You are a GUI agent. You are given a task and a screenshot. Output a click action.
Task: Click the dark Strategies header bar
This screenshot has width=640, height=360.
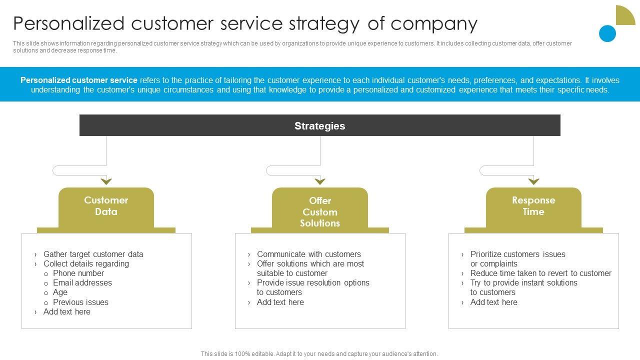pyautogui.click(x=319, y=125)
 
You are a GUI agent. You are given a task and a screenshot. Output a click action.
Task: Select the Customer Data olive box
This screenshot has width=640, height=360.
pyautogui.click(x=106, y=206)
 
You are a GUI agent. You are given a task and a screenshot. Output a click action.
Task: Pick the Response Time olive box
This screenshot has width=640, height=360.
pyautogui.click(x=533, y=206)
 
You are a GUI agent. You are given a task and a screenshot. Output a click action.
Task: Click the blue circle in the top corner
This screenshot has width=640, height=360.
pyautogui.click(x=607, y=33)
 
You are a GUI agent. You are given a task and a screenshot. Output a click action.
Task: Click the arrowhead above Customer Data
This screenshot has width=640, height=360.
pyautogui.click(x=106, y=181)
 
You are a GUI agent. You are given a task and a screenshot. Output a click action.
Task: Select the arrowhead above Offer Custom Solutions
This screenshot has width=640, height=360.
pyautogui.click(x=320, y=181)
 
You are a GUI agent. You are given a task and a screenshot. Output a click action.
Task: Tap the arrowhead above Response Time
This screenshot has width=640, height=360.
pyautogui.click(x=533, y=181)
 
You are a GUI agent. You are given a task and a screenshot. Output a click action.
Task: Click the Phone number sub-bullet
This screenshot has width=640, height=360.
pyautogui.click(x=78, y=273)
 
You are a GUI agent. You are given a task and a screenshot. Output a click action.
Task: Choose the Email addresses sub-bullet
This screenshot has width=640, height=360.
pyautogui.click(x=82, y=282)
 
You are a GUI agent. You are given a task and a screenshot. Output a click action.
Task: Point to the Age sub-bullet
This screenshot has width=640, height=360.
pyautogui.click(x=60, y=292)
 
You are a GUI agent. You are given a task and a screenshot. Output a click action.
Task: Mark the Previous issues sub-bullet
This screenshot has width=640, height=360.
pyautogui.click(x=80, y=302)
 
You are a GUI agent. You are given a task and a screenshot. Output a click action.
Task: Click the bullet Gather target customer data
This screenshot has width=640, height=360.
pyautogui.click(x=93, y=254)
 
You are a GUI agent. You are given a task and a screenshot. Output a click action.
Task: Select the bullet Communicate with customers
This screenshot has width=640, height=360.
pyautogui.click(x=308, y=254)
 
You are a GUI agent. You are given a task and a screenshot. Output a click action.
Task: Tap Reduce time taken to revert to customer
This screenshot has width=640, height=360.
pyautogui.click(x=540, y=273)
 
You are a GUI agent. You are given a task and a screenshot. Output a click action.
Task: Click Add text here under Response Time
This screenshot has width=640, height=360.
pyautogui.click(x=493, y=302)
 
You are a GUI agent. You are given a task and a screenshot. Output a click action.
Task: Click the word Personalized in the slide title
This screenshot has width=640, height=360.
pyautogui.click(x=68, y=23)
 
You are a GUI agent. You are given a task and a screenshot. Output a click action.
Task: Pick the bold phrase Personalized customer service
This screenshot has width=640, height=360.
pyautogui.click(x=79, y=80)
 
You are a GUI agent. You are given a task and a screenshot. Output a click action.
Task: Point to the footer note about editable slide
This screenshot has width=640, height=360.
pyautogui.click(x=319, y=353)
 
